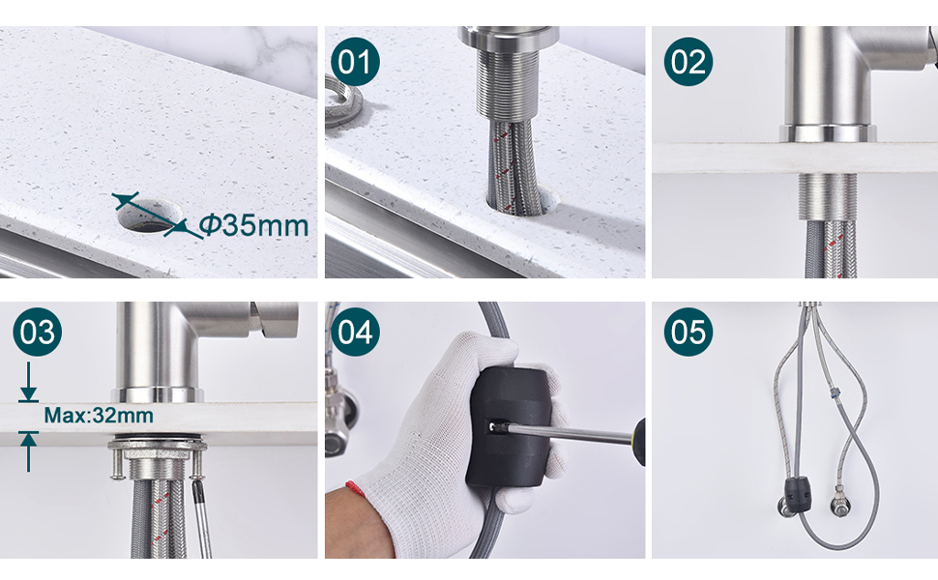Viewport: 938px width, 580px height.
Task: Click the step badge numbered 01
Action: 355,62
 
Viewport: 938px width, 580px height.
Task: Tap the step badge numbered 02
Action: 688,62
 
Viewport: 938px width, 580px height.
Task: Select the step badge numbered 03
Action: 37,332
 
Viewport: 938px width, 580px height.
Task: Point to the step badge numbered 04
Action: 355,332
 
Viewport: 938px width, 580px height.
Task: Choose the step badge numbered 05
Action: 688,332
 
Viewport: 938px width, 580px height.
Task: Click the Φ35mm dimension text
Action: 253,225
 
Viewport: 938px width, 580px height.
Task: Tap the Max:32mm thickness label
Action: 99,415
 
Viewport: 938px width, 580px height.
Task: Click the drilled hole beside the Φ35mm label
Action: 150,215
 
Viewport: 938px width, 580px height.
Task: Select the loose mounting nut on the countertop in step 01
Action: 342,101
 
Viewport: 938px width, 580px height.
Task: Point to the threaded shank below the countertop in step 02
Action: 828,196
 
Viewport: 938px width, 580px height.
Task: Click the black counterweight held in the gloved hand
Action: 509,425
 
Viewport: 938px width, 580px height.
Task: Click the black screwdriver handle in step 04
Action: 639,441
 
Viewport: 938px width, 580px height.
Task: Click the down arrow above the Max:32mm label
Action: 28,382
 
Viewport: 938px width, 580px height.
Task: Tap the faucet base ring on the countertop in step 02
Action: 828,133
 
